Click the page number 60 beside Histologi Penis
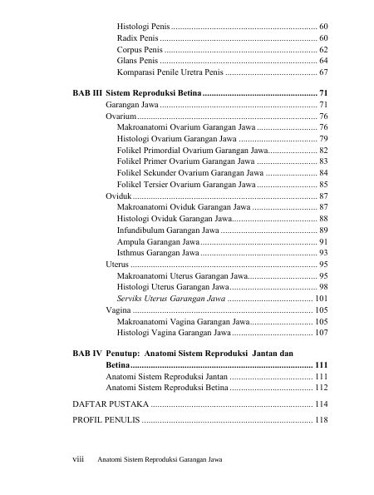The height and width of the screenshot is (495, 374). click(323, 27)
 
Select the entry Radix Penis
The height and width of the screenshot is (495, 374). click(138, 39)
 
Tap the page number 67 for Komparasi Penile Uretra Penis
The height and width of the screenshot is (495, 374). click(323, 72)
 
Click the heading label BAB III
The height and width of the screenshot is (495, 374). click(86, 92)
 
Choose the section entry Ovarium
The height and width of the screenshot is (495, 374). click(121, 116)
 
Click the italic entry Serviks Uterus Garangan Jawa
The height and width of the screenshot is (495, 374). click(171, 298)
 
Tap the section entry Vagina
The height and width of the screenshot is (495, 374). click(119, 309)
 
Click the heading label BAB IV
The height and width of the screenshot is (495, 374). click(86, 353)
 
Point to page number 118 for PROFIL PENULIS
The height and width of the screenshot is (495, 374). click(321, 419)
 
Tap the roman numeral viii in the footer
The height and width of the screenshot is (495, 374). click(81, 459)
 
